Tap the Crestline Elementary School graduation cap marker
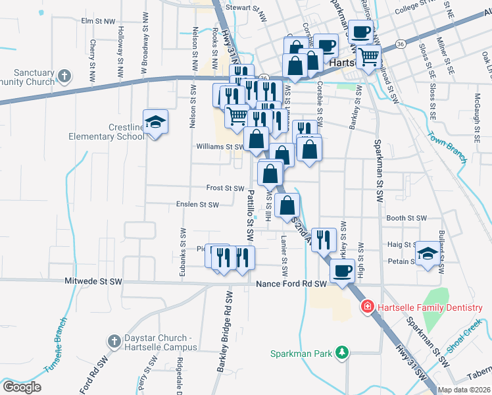point(155,122)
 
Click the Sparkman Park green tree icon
point(341,354)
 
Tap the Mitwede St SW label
point(94,281)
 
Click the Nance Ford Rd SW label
point(291,284)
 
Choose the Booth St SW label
point(406,218)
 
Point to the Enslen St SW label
point(197,205)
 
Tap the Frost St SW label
point(226,188)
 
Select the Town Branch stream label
point(447,147)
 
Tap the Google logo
point(22,387)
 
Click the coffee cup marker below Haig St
point(341,271)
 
